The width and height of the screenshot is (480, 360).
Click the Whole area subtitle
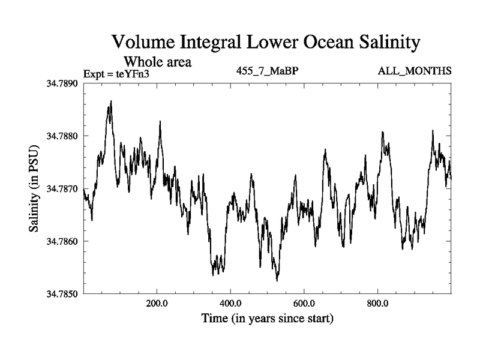[157, 61]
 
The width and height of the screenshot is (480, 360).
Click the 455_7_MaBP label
[268, 71]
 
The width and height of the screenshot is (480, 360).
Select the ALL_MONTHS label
[414, 71]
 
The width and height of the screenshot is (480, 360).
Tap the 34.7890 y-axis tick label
[62, 83]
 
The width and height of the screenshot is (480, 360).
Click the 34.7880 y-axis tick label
[62, 136]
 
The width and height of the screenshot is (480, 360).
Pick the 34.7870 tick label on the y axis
[62, 188]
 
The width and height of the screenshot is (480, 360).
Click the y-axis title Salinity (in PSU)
[34, 188]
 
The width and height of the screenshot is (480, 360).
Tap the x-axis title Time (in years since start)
[267, 318]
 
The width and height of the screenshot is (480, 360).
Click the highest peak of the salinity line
[112, 101]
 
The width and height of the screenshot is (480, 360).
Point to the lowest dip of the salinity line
[277, 280]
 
